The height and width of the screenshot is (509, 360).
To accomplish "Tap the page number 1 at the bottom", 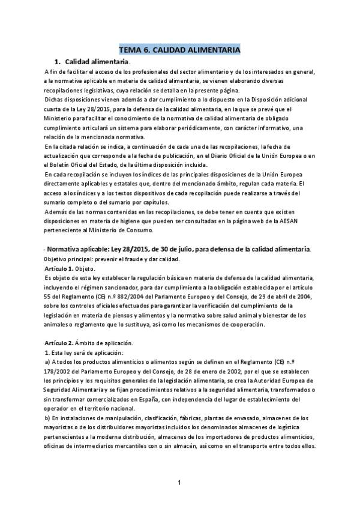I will (179, 483).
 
